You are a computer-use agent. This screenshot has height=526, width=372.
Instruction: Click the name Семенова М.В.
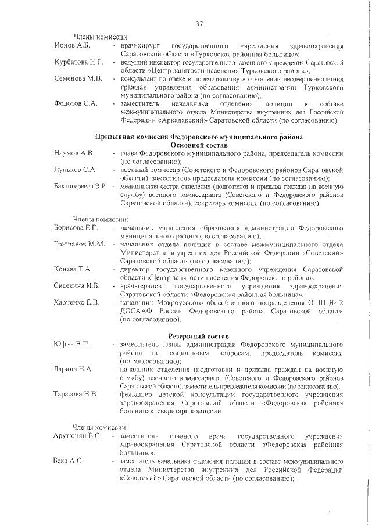pyautogui.click(x=78, y=78)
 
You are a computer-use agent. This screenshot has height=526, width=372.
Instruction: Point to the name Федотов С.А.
pyautogui.click(x=75, y=103)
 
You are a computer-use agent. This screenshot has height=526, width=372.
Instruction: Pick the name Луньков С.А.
pyautogui.click(x=75, y=170)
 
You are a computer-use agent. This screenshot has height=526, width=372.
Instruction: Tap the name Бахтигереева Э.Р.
pyautogui.click(x=80, y=187)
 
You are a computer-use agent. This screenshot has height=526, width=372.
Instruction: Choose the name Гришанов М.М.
pyautogui.click(x=79, y=244)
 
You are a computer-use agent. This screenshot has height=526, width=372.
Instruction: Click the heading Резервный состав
pyautogui.click(x=199, y=337)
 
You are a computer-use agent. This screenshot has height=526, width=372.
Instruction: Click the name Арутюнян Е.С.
pyautogui.click(x=78, y=435)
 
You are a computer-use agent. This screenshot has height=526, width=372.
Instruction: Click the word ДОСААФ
pyautogui.click(x=138, y=312)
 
